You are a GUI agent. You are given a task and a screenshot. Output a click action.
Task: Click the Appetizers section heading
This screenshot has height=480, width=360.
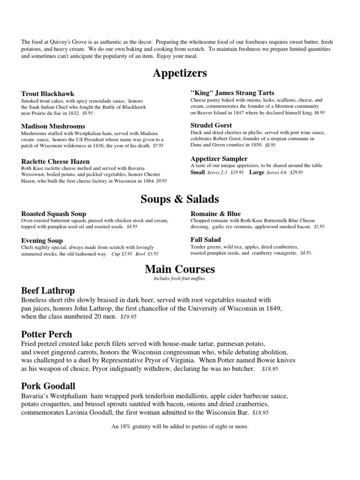coord(180,74)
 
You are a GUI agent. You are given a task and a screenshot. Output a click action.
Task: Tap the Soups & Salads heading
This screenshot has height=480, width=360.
coord(180,199)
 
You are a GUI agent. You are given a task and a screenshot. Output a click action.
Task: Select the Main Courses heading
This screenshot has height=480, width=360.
coord(180,269)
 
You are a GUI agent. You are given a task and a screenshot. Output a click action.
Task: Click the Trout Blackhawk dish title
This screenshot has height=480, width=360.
coord(48,94)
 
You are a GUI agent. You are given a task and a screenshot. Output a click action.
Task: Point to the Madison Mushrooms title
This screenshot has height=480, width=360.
coord(53,126)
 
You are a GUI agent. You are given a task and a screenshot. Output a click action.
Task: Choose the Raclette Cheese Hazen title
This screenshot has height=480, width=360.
coord(55,161)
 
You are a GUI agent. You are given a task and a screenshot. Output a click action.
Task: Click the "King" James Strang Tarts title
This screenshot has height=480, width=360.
coord(232,93)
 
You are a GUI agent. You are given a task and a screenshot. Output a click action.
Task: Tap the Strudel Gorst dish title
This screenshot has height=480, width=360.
coord(211,125)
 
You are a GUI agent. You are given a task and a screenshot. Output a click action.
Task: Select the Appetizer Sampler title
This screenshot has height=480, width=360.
coord(219,158)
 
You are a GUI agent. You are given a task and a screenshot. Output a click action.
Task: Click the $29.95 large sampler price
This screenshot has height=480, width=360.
coord(297,172)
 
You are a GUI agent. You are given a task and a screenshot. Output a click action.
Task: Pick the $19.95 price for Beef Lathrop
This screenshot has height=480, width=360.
coord(128,317)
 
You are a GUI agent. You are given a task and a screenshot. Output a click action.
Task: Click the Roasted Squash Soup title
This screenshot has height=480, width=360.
coord(54,214)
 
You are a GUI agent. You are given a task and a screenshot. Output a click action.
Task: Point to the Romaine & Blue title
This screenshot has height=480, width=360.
coord(216,214)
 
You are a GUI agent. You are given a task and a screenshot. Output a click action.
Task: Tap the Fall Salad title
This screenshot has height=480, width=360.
coord(206,240)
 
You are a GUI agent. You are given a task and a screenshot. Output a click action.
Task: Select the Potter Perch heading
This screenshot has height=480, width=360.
coord(47,334)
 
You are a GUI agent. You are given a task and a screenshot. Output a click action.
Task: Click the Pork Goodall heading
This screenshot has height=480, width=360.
coord(48,386)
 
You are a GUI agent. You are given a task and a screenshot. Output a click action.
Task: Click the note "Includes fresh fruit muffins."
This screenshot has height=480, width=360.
coord(180,278)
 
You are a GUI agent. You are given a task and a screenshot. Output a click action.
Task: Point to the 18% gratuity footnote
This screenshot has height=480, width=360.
coord(180,427)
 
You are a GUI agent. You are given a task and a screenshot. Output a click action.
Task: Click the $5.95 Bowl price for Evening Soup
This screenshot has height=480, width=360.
coord(153,254)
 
